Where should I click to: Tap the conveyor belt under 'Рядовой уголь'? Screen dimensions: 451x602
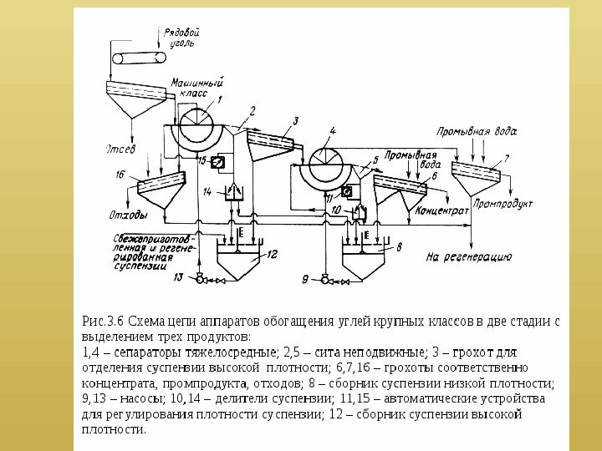click(x=135, y=58)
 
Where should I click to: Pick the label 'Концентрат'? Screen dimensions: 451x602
click(x=441, y=211)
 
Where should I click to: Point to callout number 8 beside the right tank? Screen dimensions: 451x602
click(x=398, y=247)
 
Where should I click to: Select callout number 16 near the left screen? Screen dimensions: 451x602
click(x=120, y=175)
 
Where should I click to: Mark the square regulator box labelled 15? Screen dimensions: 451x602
click(x=219, y=162)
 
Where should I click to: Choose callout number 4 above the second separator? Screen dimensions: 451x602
click(x=332, y=131)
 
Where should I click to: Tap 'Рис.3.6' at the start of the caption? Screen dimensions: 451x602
click(x=103, y=320)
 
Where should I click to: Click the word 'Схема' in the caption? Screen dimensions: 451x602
click(x=148, y=320)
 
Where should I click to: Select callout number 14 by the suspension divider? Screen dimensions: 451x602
click(x=207, y=191)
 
